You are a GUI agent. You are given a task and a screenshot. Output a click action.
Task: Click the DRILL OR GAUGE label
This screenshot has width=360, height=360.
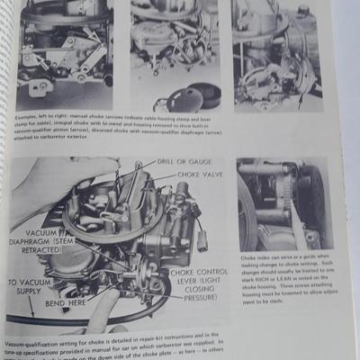click(x=177, y=162)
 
